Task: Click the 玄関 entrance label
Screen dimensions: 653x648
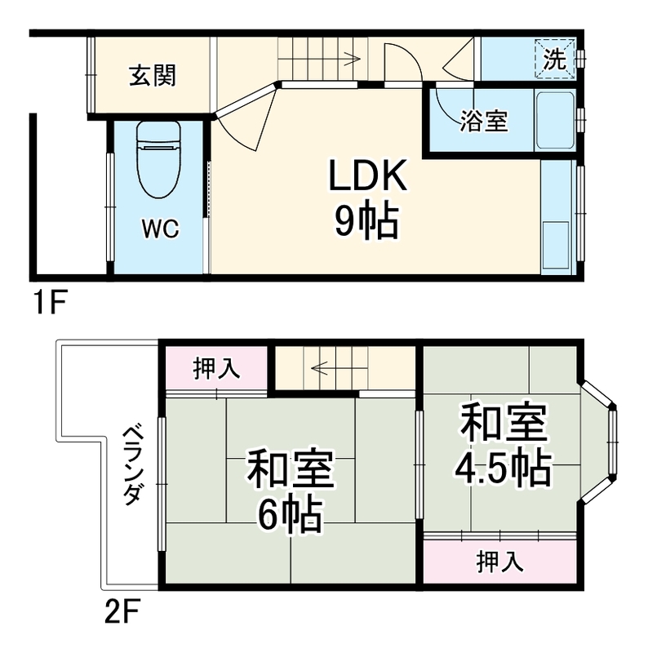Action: (152, 77)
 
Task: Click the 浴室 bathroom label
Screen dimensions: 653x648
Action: (483, 122)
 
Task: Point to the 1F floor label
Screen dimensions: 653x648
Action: (48, 304)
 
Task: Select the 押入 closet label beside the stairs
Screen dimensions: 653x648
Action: (215, 370)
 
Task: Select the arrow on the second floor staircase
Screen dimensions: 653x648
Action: (320, 367)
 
